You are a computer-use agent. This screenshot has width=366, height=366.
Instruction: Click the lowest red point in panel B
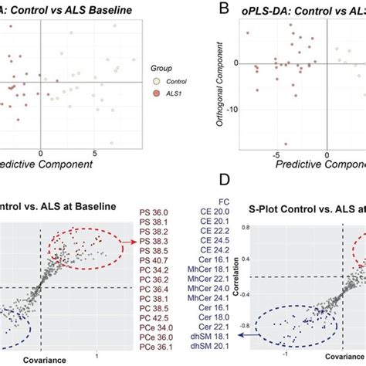point(286,144)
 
